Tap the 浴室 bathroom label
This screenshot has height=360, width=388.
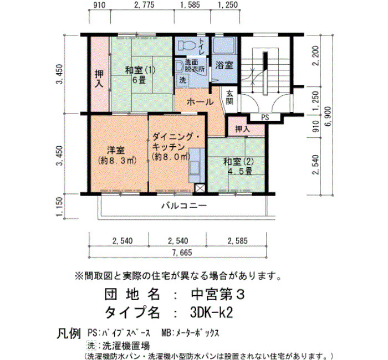tap(224, 65)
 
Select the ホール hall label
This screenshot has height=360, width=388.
tap(200, 101)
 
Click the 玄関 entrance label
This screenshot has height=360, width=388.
tap(229, 97)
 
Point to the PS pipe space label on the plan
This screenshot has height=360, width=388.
tap(265, 117)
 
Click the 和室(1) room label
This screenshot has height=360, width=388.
tap(140, 70)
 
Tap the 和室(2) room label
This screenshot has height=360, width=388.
tap(238, 162)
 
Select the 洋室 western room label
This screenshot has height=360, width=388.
tap(116, 150)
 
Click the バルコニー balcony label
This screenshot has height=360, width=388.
tap(184, 205)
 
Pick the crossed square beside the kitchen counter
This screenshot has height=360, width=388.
tap(200, 189)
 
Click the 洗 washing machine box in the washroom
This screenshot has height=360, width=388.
tap(182, 80)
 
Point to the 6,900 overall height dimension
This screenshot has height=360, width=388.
tap(329, 116)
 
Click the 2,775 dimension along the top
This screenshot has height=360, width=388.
tap(144, 4)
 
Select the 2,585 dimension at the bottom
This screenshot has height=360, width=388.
tap(238, 241)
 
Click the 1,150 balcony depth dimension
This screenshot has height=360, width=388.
tap(60, 207)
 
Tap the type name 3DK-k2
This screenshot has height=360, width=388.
tap(212, 313)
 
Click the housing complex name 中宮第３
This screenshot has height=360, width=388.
tap(218, 294)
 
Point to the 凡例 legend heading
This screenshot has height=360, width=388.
tap(69, 333)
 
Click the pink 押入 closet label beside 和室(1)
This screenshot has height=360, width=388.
tap(99, 79)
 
